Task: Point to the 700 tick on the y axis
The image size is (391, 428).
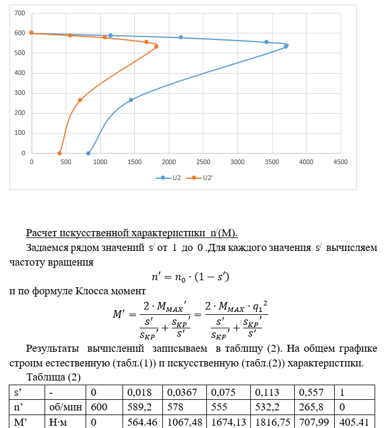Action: coord(20,13)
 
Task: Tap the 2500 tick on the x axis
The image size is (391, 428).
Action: coord(203,161)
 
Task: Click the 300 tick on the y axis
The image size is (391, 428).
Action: coord(20,93)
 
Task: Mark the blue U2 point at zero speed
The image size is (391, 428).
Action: coord(89,154)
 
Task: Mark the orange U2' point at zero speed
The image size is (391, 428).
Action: coord(59,154)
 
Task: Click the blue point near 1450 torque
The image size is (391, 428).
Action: coord(131,100)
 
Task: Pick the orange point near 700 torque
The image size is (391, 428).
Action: coord(80,100)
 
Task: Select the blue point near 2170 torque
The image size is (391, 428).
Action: coord(181,38)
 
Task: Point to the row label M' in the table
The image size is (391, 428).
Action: coord(21,420)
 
